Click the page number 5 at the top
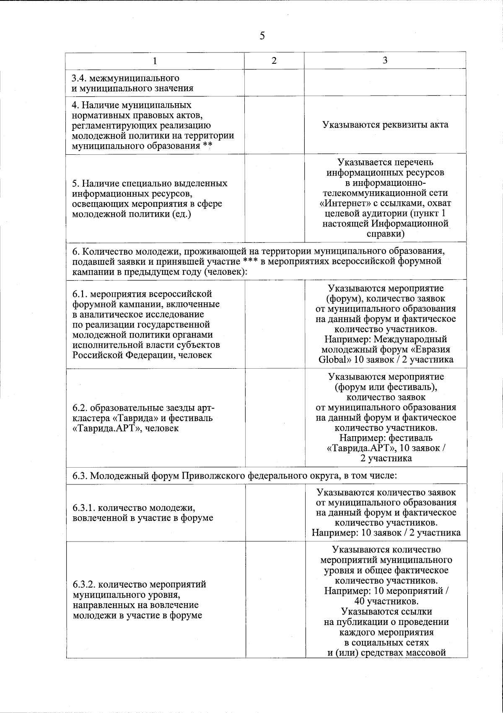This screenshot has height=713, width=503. click(x=262, y=36)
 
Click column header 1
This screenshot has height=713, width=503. click(x=155, y=61)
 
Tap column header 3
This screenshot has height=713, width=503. click(x=385, y=60)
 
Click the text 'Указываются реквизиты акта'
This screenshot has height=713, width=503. click(x=385, y=125)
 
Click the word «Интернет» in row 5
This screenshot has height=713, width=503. click(x=339, y=203)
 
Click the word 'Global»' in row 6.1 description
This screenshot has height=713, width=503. click(x=335, y=359)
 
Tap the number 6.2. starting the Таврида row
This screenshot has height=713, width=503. click(x=80, y=408)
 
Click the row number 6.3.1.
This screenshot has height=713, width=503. click(x=86, y=507)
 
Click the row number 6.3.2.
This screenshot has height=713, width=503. click(x=86, y=584)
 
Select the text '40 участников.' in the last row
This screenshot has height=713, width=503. click(x=386, y=601)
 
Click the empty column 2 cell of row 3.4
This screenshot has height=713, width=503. click(x=274, y=83)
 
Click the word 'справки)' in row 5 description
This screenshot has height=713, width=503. click(x=385, y=234)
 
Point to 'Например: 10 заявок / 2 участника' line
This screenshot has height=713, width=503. click(x=386, y=533)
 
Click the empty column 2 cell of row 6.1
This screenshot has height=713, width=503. click(x=274, y=324)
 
